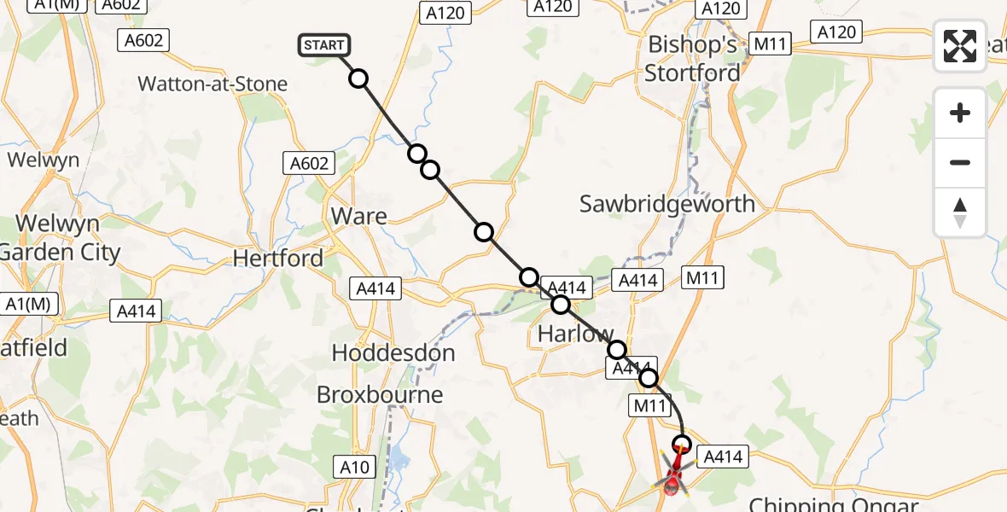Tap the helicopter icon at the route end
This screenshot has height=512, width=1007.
(x=674, y=478)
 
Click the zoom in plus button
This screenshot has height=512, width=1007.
(x=960, y=113)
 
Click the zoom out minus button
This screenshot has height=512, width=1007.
(x=960, y=162)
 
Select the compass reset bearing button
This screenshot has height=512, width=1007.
(x=960, y=212)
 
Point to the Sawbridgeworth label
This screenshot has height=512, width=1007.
(x=667, y=204)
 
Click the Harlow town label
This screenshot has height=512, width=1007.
(x=575, y=334)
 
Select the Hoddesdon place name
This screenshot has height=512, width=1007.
(x=393, y=352)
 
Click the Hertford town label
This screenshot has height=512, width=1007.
(x=278, y=258)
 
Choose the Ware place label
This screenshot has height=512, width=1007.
(x=358, y=217)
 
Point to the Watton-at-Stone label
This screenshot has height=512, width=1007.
(x=212, y=84)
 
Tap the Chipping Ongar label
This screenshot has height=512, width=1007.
(x=832, y=503)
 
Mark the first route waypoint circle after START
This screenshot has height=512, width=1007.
(x=359, y=79)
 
